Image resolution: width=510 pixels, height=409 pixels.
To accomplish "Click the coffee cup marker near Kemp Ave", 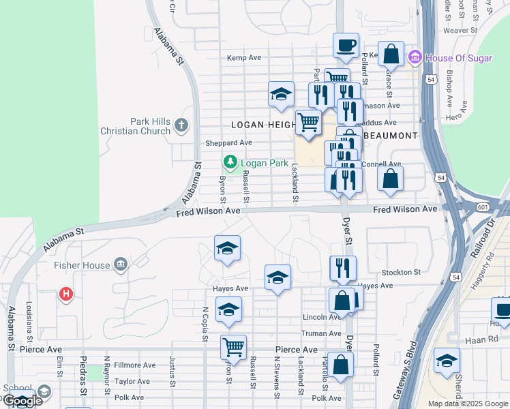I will [x=346, y=45].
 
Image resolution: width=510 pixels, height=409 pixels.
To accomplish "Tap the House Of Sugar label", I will [x=457, y=58].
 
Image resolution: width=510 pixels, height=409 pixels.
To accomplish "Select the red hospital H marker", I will [x=66, y=294].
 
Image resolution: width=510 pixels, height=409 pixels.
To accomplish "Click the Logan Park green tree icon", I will [x=230, y=162].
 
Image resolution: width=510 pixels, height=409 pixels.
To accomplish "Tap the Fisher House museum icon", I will [x=121, y=264].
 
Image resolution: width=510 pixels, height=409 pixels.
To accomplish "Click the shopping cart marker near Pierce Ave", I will [x=233, y=347].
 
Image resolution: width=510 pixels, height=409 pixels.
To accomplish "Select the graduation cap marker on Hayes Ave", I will [x=277, y=277].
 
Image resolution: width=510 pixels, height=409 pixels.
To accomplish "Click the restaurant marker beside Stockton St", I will [x=343, y=268].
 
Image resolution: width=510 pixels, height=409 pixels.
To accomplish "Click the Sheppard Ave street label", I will [x=229, y=143].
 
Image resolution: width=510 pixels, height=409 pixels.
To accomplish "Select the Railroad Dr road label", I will [x=475, y=235].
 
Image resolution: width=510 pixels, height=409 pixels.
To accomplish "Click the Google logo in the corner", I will [x=23, y=402].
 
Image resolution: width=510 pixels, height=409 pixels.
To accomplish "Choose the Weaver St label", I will [x=460, y=30].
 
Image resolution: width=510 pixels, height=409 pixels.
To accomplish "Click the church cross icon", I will [x=181, y=125].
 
